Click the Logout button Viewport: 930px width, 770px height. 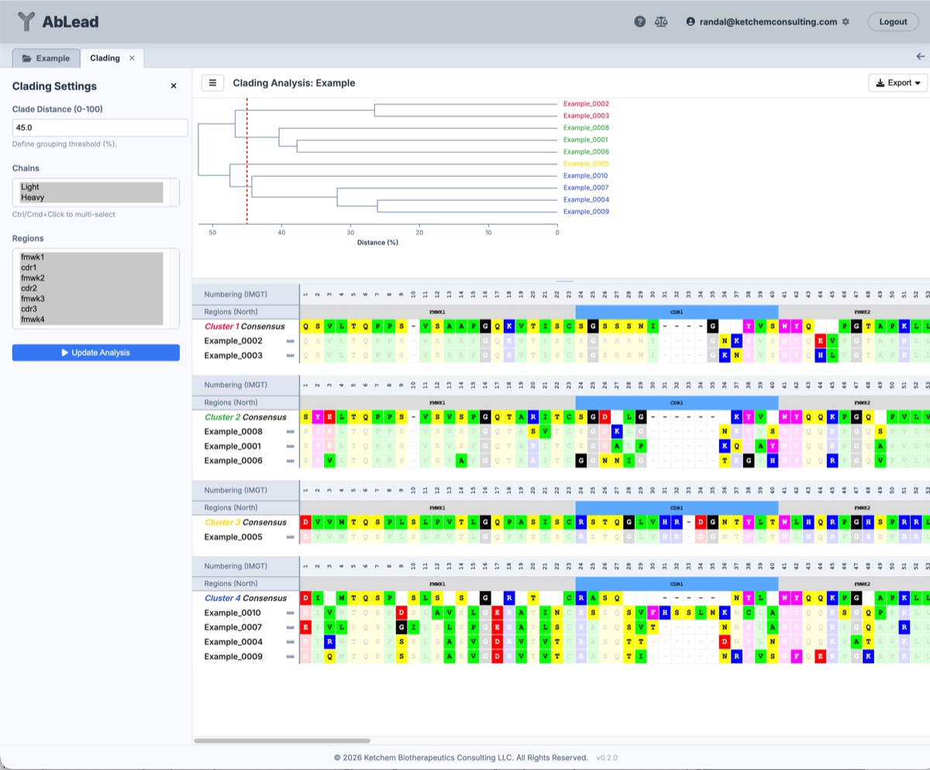click(893, 22)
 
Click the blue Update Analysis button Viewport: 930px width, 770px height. click(96, 353)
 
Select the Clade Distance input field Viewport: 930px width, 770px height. click(100, 128)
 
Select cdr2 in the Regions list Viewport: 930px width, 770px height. click(33, 288)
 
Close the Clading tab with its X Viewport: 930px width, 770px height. click(132, 58)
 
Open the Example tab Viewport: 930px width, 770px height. click(46, 58)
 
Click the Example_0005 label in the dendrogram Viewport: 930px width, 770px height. click(586, 164)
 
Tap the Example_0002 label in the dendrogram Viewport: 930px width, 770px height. click(586, 104)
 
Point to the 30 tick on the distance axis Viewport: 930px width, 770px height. click(350, 232)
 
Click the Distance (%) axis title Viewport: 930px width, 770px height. click(377, 243)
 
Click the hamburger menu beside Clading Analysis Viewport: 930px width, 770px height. click(212, 83)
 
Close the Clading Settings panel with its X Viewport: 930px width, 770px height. click(174, 86)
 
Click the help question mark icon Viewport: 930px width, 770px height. click(639, 22)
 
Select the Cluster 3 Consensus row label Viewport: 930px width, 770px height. click(245, 523)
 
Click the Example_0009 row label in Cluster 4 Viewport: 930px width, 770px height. click(233, 657)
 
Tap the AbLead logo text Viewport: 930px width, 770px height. click(71, 22)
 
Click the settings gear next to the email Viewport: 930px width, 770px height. click(846, 22)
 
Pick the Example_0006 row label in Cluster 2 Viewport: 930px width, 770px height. click(233, 461)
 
